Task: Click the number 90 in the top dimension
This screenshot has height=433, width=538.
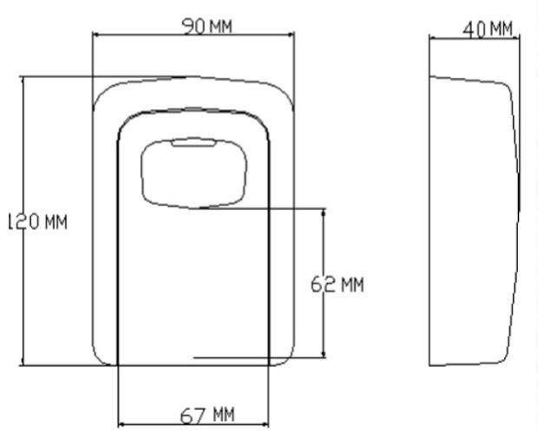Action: coord(194,27)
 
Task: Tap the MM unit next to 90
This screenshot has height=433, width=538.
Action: coord(220,27)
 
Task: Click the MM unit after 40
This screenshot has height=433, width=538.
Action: coord(501,29)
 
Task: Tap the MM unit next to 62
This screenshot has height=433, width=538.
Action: coord(351,285)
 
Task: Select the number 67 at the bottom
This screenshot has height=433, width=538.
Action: coord(192,415)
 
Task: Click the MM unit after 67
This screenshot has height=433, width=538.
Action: coord(221,415)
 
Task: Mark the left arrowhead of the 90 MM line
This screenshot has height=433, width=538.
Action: coord(95,36)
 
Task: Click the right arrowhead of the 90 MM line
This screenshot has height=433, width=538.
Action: coord(292,36)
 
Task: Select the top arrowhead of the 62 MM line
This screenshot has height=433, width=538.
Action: coord(324,211)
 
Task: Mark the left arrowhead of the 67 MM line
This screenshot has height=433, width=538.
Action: coord(120,424)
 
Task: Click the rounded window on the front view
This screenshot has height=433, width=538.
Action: coord(195,172)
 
